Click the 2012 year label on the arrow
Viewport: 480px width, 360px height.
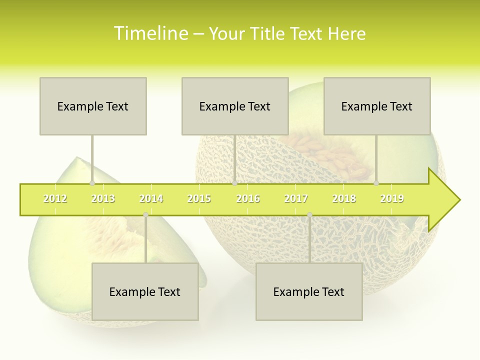55,198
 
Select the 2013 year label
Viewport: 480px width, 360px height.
103,198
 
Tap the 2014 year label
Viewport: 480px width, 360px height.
151,198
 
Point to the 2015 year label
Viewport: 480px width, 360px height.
199,198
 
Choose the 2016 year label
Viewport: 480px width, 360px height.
248,198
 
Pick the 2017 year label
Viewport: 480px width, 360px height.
296,198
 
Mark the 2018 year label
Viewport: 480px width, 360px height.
344,198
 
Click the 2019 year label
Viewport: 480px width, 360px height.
392,198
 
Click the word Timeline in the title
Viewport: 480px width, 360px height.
150,33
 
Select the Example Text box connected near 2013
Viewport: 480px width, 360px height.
93,106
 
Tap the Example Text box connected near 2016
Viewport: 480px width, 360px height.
235,106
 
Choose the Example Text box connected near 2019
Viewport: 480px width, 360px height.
377,106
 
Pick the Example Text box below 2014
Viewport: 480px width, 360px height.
145,291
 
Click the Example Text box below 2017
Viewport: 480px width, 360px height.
309,291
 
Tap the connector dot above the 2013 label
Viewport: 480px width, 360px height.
92,183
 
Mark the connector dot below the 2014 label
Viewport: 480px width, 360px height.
145,215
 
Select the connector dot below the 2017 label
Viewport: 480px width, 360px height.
309,215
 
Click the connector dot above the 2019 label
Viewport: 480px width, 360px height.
376,183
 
